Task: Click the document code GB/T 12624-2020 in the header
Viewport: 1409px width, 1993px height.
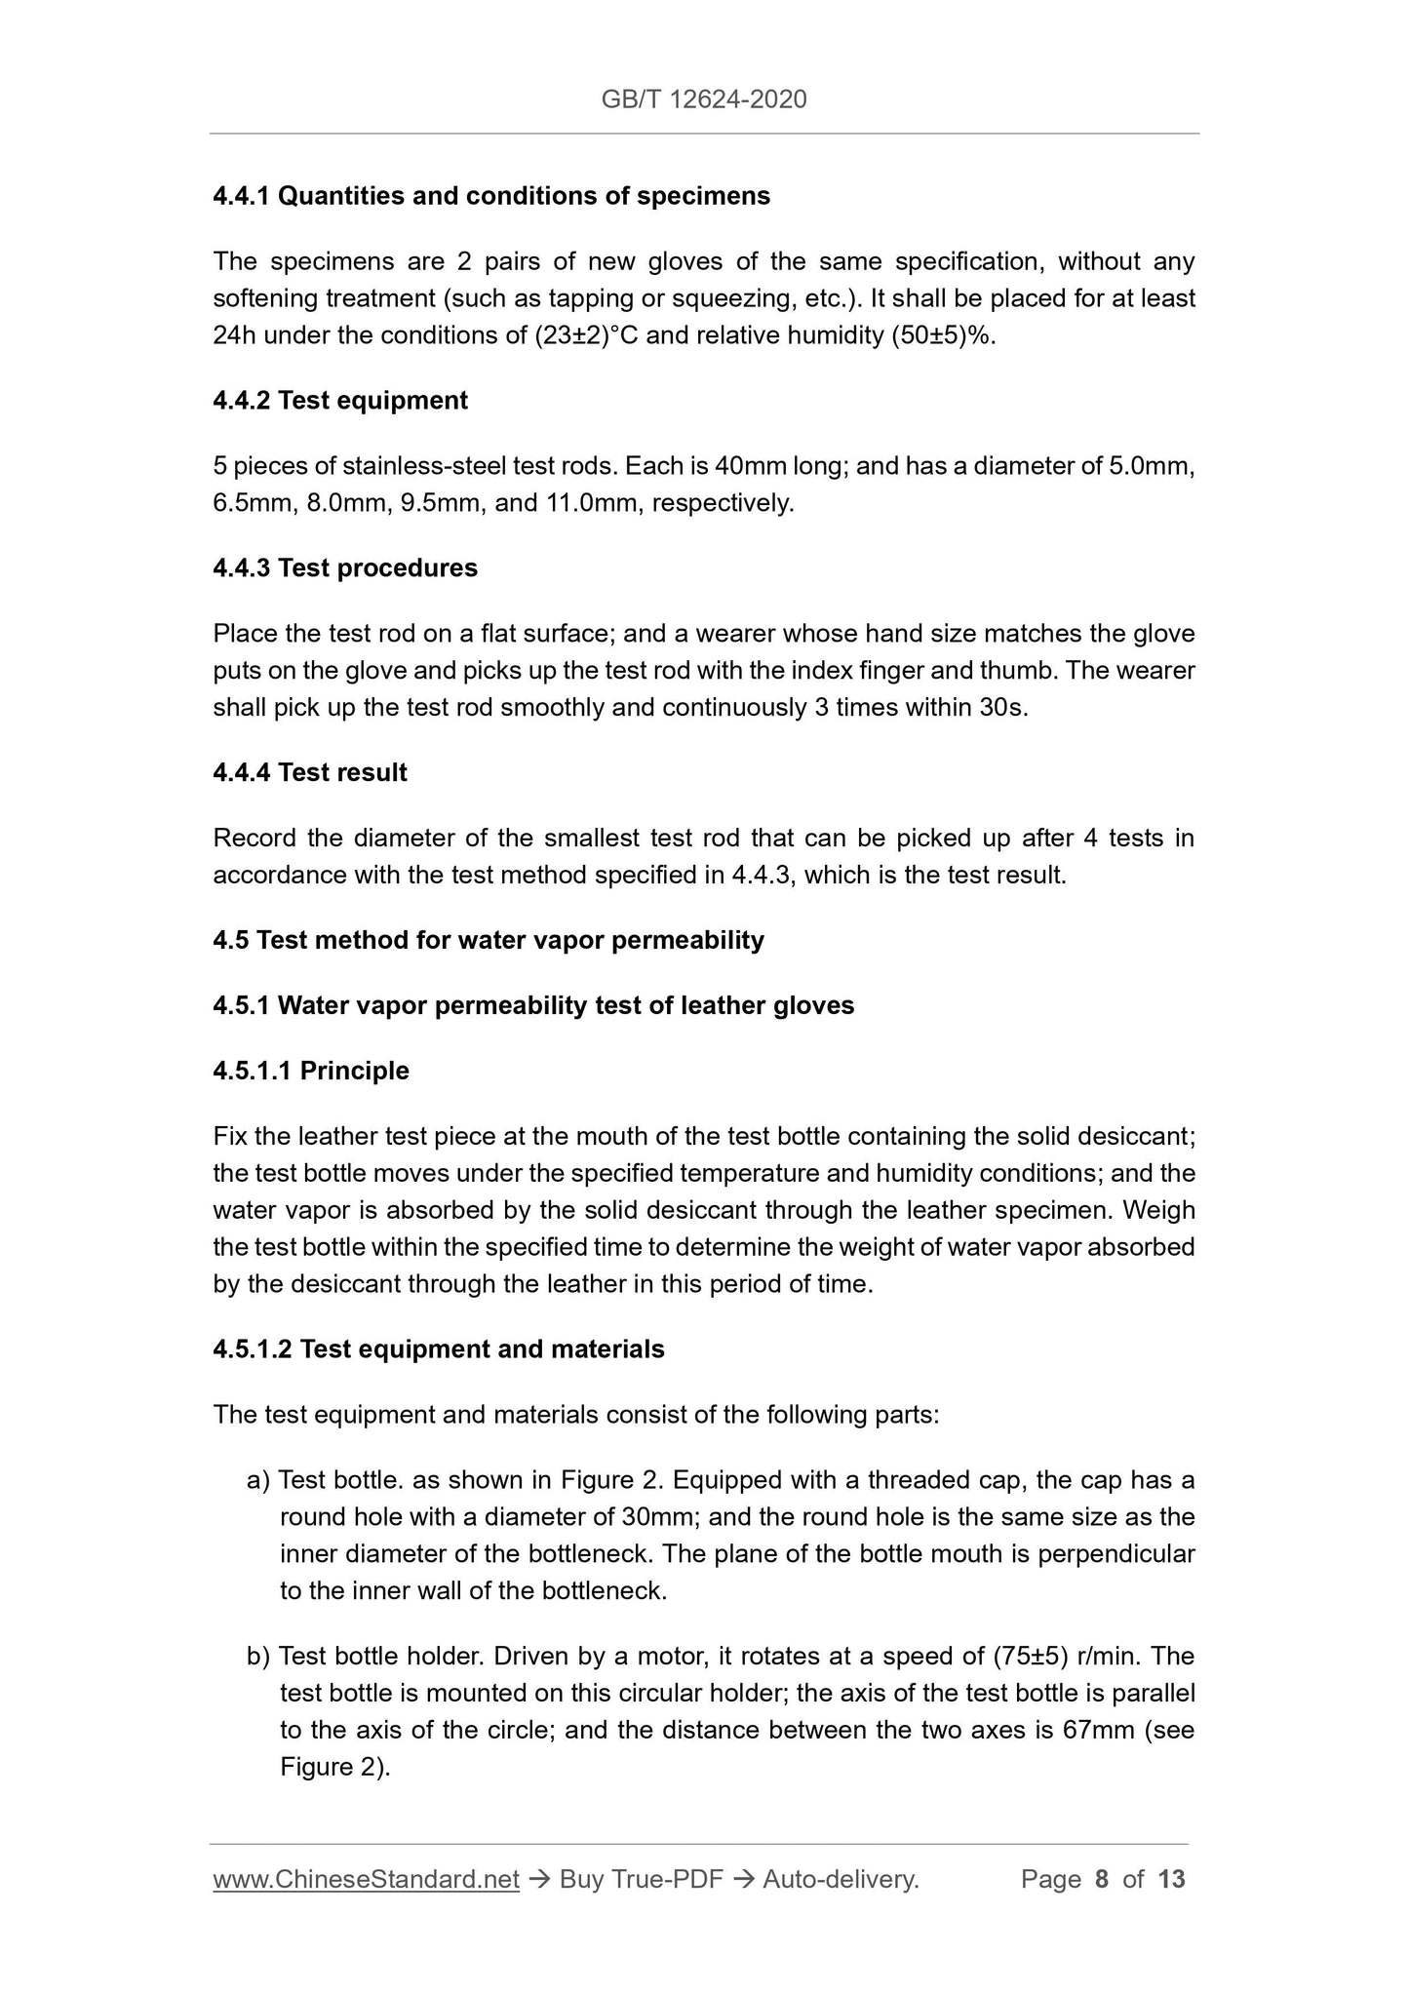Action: [x=704, y=98]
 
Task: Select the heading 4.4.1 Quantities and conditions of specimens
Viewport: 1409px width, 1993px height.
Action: [x=491, y=196]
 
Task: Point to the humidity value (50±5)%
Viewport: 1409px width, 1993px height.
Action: [x=941, y=335]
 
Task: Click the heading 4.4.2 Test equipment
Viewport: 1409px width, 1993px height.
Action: [x=340, y=401]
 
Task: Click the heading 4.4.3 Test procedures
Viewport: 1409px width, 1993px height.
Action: [x=345, y=568]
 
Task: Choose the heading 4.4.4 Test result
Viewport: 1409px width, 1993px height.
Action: [x=310, y=773]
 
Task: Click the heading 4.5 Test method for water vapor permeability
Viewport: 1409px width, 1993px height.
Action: [x=489, y=940]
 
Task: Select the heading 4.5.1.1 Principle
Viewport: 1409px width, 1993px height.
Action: [x=311, y=1071]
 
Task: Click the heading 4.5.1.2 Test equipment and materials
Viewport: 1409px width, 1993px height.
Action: [x=439, y=1349]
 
